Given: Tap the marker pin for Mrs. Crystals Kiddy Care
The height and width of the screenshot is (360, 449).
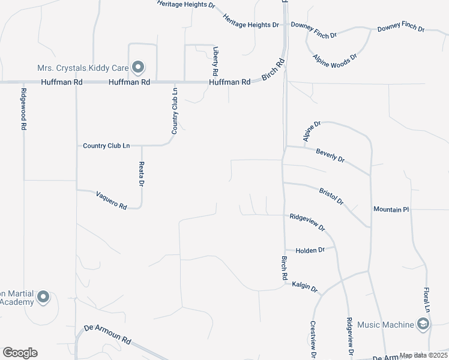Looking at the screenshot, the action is pyautogui.click(x=139, y=67).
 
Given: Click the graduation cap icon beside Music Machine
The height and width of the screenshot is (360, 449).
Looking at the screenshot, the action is pyautogui.click(x=423, y=325).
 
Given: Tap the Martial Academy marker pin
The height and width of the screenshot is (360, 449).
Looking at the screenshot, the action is pyautogui.click(x=43, y=297).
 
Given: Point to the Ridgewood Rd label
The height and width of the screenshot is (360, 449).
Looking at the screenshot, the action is pyautogui.click(x=24, y=109).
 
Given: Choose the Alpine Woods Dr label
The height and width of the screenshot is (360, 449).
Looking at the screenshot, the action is pyautogui.click(x=335, y=59).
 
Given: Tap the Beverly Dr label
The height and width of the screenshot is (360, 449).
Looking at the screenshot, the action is pyautogui.click(x=330, y=155).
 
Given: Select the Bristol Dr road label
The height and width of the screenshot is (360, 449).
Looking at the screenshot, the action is pyautogui.click(x=331, y=194).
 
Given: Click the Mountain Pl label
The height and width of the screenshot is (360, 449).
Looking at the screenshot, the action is pyautogui.click(x=391, y=209).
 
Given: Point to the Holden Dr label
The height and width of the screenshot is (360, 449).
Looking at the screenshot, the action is pyautogui.click(x=310, y=250).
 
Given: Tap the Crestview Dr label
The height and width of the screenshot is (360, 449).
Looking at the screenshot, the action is pyautogui.click(x=313, y=340).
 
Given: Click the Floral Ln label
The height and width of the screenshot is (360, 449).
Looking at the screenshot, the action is pyautogui.click(x=428, y=298).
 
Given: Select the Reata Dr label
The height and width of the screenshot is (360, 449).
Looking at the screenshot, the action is pyautogui.click(x=142, y=173).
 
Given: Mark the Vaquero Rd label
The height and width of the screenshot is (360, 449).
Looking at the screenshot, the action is pyautogui.click(x=111, y=200).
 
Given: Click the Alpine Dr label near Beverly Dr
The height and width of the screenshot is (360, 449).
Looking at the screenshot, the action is pyautogui.click(x=312, y=131).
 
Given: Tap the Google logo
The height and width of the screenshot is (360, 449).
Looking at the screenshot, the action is pyautogui.click(x=20, y=353).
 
